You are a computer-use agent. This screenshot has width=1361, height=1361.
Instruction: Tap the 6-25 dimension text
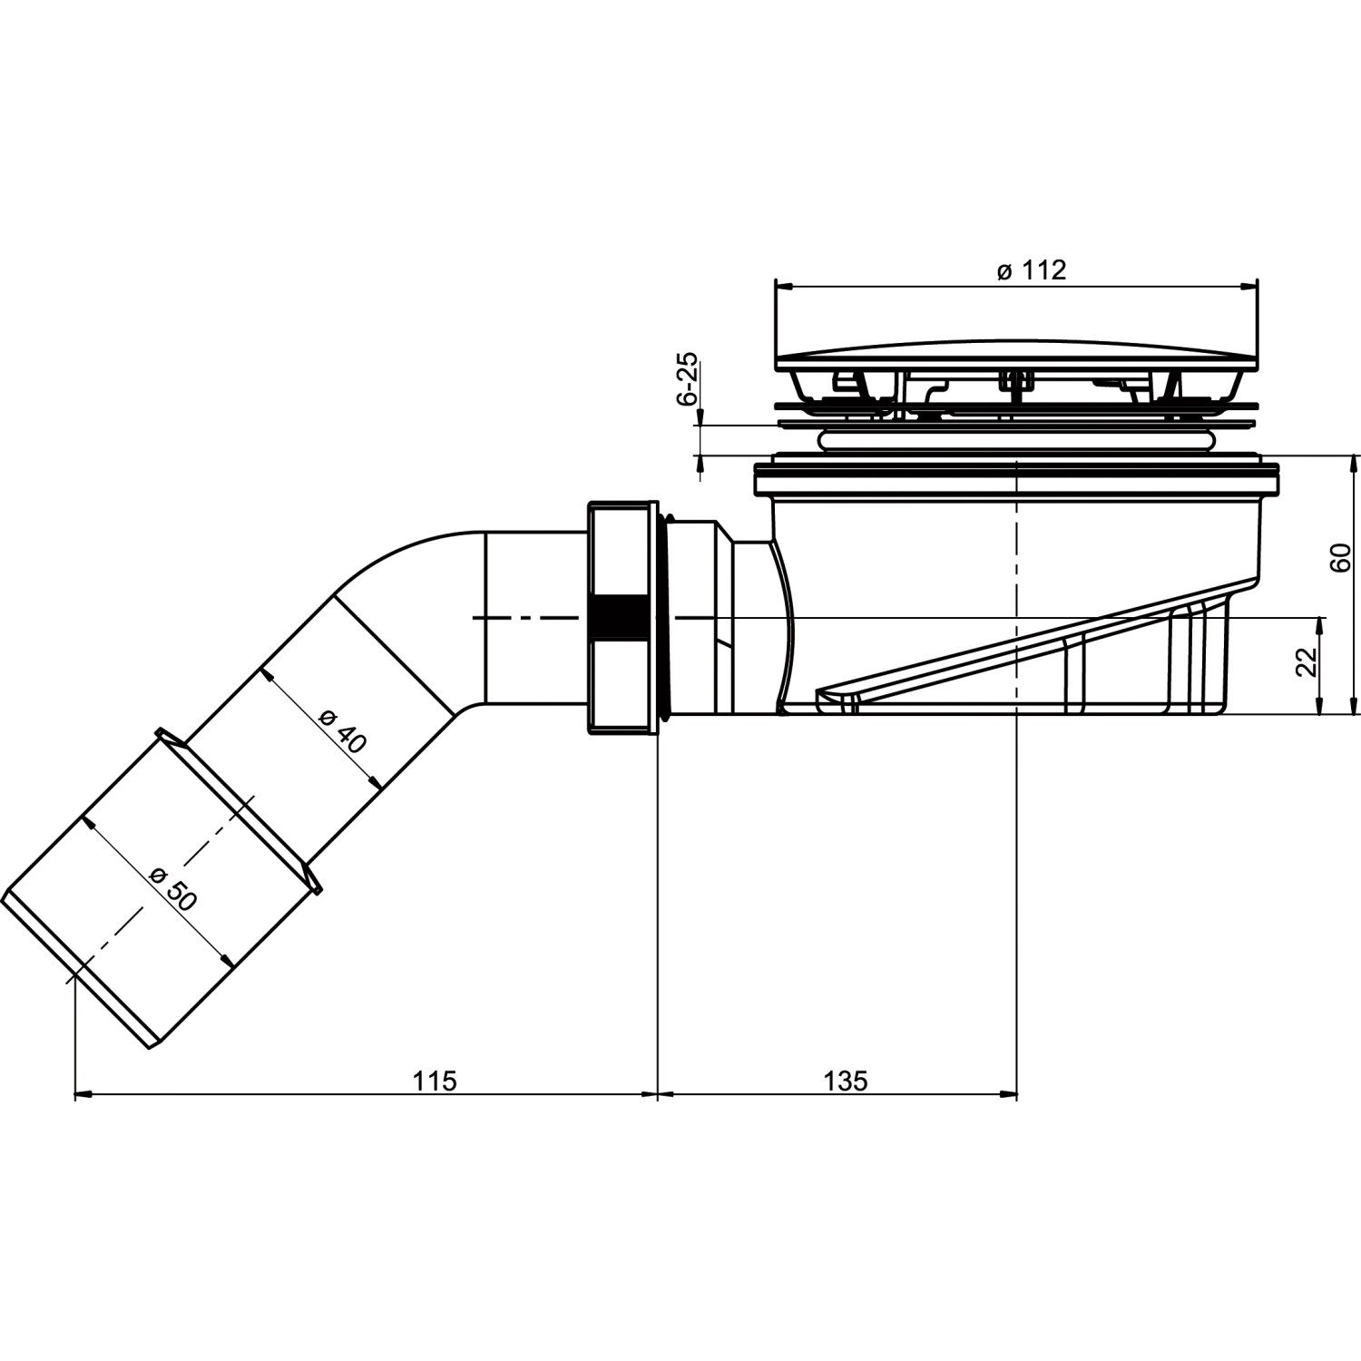pos(688,377)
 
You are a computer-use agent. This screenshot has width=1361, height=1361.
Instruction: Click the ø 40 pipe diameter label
pos(343,730)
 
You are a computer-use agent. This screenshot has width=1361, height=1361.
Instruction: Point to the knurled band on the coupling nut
pos(620,618)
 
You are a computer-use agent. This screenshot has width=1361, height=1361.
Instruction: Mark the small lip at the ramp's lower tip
pos(835,700)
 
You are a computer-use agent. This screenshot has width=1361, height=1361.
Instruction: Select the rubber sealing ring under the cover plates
pos(1016,440)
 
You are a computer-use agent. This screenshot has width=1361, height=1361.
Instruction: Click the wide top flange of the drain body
pos(1016,479)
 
